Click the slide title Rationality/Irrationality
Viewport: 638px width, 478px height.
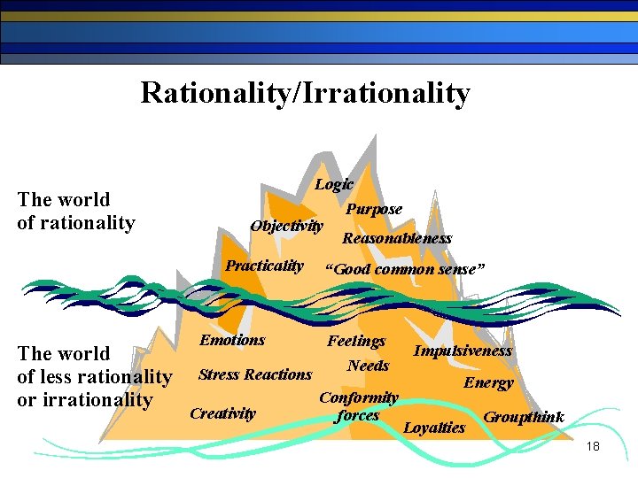305,93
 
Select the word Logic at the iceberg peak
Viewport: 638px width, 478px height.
334,184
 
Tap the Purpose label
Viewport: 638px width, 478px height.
373,210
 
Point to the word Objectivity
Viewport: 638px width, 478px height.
286,226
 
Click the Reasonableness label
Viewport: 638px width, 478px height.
397,238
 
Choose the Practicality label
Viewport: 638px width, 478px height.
264,266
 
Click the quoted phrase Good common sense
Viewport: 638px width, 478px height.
405,269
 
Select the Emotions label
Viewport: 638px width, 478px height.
232,340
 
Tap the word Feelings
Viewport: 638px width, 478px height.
356,341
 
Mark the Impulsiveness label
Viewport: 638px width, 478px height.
463,351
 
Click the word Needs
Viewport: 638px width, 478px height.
368,366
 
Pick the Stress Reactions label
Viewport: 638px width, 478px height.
255,374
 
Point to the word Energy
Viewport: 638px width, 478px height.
488,382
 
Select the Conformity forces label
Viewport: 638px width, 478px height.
358,406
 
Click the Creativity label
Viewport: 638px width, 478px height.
222,413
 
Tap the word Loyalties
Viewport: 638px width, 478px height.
434,428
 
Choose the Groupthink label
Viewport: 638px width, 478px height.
523,417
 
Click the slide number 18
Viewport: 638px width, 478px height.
593,447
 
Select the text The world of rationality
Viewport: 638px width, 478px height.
75,212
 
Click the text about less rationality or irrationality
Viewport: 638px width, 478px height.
94,377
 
